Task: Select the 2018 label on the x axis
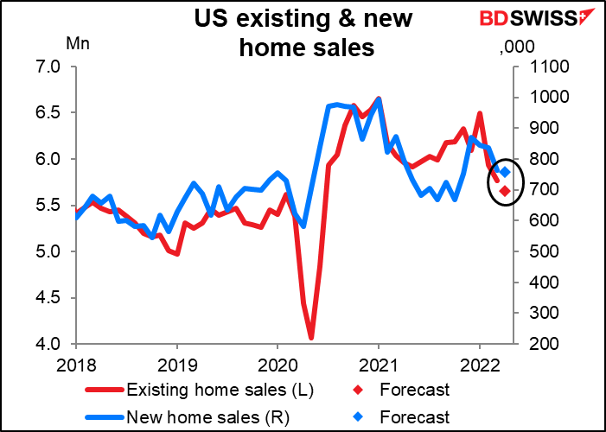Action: pyautogui.click(x=76, y=365)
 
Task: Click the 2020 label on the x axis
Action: pyautogui.click(x=277, y=365)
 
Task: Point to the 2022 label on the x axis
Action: pyautogui.click(x=480, y=365)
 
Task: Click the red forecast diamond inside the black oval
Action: pyautogui.click(x=504, y=190)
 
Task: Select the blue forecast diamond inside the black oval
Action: pyautogui.click(x=506, y=172)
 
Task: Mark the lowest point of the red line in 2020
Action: pyautogui.click(x=311, y=338)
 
